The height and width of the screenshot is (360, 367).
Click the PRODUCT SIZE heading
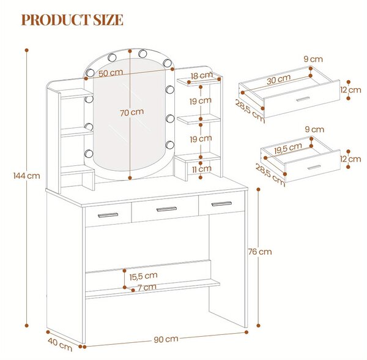[72, 20]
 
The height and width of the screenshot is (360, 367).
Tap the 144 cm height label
[26, 176]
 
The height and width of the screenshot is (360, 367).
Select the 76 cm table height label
[260, 252]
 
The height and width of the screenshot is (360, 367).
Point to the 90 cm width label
[166, 339]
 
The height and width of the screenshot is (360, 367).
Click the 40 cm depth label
[60, 344]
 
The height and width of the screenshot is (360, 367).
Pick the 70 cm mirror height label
[132, 113]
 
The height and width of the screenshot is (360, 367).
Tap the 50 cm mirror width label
[111, 73]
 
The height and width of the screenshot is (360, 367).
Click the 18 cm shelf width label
[201, 76]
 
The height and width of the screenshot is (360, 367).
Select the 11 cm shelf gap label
[201, 169]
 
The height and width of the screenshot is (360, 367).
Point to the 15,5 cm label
[143, 276]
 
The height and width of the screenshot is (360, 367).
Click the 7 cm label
[147, 287]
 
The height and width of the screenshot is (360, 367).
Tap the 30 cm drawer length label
[278, 80]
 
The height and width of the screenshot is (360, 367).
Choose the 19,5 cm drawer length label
[288, 148]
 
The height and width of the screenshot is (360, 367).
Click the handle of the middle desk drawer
[166, 209]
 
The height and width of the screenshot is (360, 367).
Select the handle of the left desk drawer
[108, 215]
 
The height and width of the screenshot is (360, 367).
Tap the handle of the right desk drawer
[221, 204]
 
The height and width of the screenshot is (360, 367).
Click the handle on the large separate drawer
[303, 99]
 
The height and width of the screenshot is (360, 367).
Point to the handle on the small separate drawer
[314, 168]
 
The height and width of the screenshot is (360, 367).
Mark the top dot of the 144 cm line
[27, 50]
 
